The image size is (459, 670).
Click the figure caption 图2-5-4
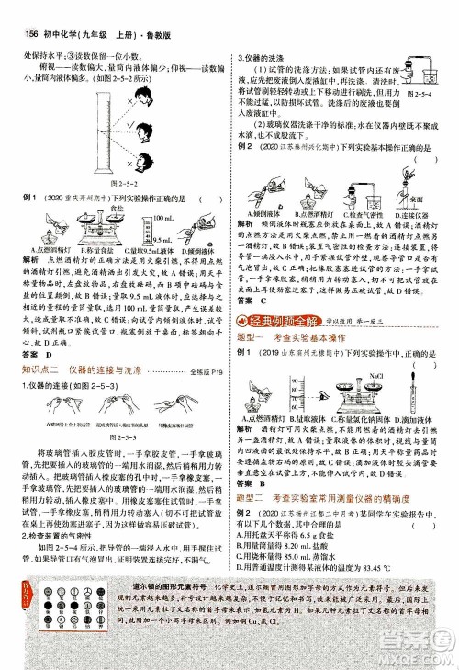pos(424,94)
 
